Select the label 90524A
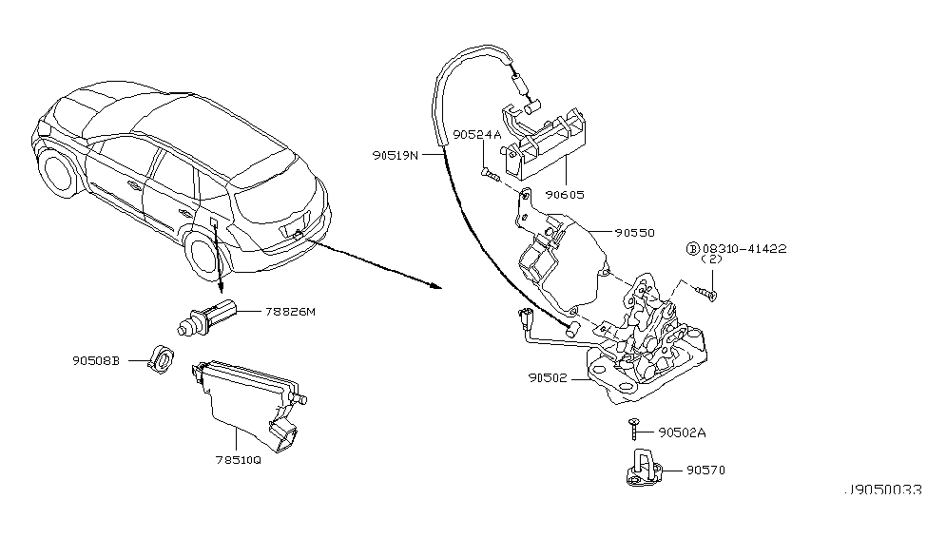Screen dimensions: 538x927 pos(477,135)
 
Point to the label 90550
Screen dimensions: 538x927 pos(634,231)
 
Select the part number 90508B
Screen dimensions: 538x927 pos(96,360)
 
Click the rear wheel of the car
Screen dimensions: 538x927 pos(204,253)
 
